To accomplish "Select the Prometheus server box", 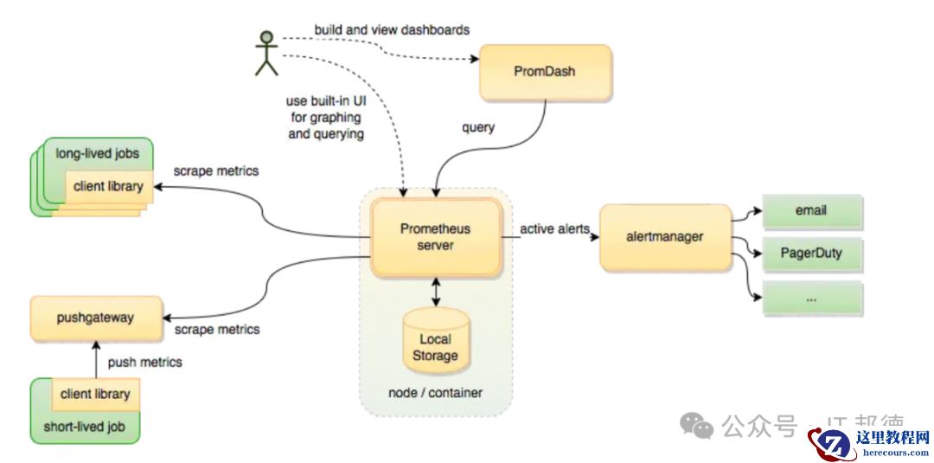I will click(436, 237).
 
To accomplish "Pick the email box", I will click(811, 210).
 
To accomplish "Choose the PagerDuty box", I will click(811, 254).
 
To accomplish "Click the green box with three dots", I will click(811, 297).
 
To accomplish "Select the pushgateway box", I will click(95, 317).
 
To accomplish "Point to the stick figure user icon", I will click(266, 53).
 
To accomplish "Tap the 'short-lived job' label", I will click(85, 427).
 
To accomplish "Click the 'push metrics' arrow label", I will click(144, 362).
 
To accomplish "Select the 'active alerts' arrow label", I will click(554, 229).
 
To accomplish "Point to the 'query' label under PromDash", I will click(478, 128).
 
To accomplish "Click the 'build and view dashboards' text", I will click(392, 29).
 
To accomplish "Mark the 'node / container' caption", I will click(435, 393).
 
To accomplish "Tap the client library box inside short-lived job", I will click(95, 395).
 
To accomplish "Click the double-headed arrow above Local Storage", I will click(435, 291).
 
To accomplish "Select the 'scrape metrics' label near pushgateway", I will click(216, 330).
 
